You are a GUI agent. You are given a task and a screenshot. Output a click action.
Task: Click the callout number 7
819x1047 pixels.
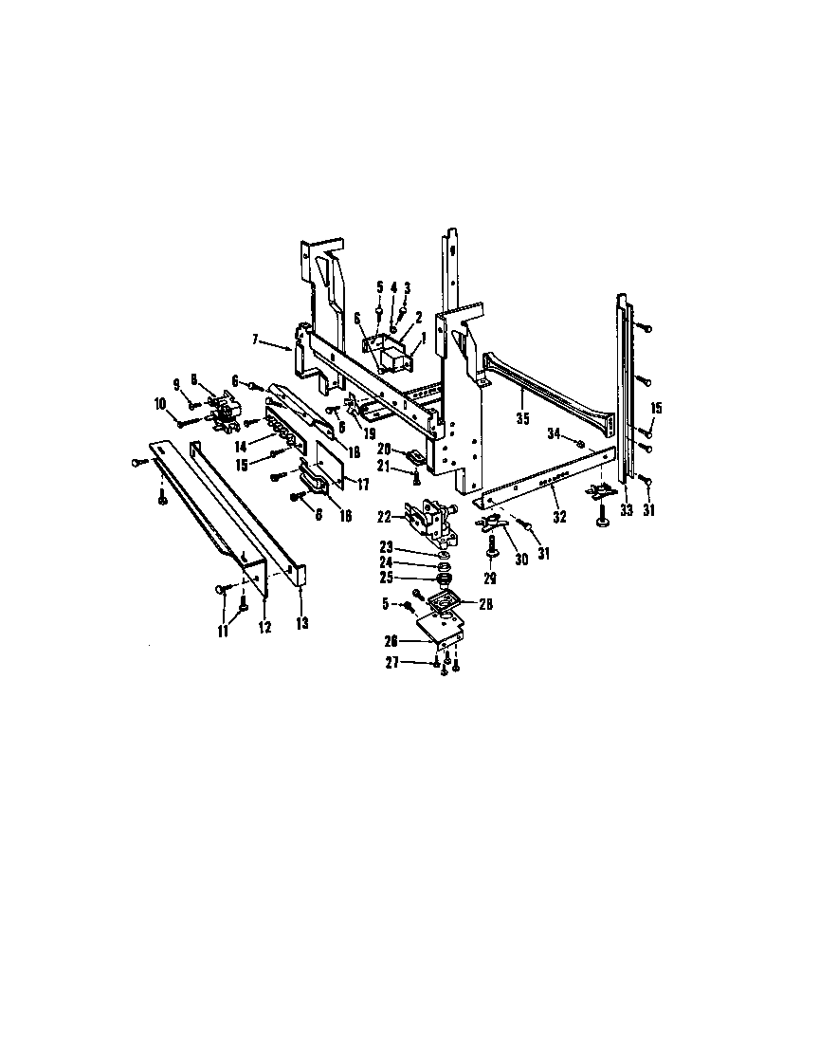coord(256,339)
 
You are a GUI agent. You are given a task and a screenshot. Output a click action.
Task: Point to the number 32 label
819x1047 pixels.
coord(559,518)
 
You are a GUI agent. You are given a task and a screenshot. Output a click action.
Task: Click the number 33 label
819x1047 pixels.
coord(626,510)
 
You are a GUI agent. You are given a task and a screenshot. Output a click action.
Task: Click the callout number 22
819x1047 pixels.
coord(385,518)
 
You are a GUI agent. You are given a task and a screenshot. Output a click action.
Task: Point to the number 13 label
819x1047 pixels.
coord(301,623)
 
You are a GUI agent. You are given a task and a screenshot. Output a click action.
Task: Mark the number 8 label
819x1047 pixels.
coord(194,379)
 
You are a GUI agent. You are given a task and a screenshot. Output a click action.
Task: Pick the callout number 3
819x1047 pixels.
coord(408,287)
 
